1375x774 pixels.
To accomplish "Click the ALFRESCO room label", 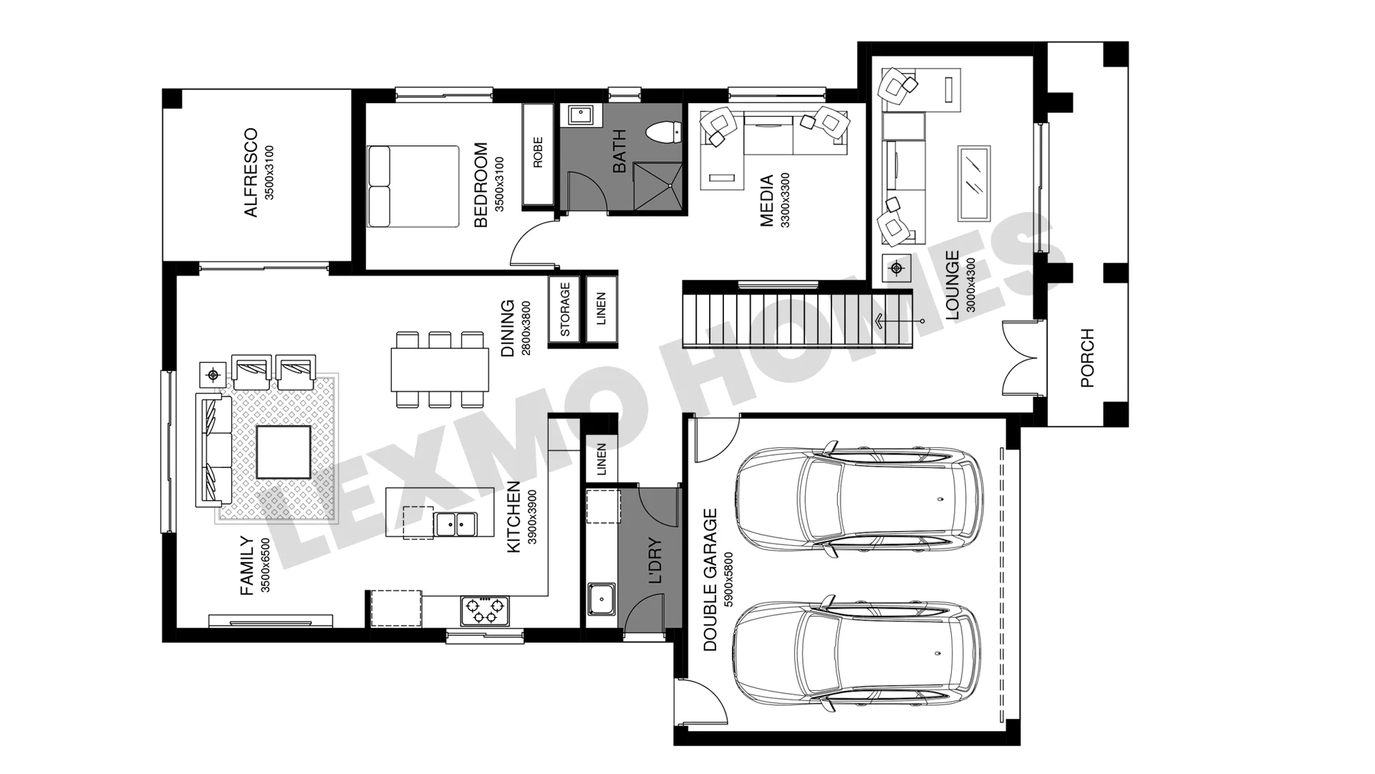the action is coord(251,173).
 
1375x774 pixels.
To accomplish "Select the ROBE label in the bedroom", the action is coord(538,153).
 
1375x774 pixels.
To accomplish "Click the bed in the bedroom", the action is coord(413,187).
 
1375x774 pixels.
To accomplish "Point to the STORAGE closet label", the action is coord(565,310).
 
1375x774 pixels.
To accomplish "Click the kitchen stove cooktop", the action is coord(485,611).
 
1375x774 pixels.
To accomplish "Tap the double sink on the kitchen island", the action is coord(456,524).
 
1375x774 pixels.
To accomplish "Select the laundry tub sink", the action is coord(602,599).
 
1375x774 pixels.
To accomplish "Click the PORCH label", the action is coord(1087,358).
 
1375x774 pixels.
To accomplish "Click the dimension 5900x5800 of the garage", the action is coord(729,580).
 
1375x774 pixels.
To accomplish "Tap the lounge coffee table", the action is coord(974,183).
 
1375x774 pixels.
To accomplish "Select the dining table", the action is coord(440,370).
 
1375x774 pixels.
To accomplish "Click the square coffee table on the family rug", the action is coord(284,452).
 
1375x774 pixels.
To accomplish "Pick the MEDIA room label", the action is coord(766,201).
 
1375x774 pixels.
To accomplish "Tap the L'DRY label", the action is coord(655,562).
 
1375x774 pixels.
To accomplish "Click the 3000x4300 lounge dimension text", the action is coord(971,285).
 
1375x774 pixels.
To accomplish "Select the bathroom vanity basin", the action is coord(578,115).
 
